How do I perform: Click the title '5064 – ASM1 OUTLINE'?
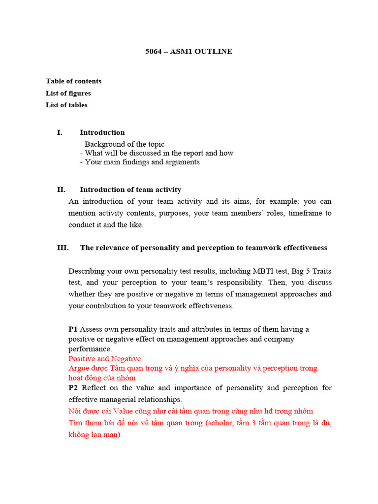click(x=189, y=52)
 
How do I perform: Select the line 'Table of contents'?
click(x=73, y=81)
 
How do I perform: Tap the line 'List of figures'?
click(x=68, y=93)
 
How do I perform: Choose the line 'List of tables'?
click(x=66, y=105)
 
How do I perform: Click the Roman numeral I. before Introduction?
click(x=60, y=132)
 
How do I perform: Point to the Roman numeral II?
click(x=61, y=189)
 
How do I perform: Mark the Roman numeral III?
click(x=63, y=248)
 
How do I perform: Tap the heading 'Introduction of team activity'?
click(x=130, y=189)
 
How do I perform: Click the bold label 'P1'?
click(x=73, y=329)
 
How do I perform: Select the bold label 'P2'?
click(x=73, y=388)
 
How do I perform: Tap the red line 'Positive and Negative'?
click(x=104, y=358)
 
